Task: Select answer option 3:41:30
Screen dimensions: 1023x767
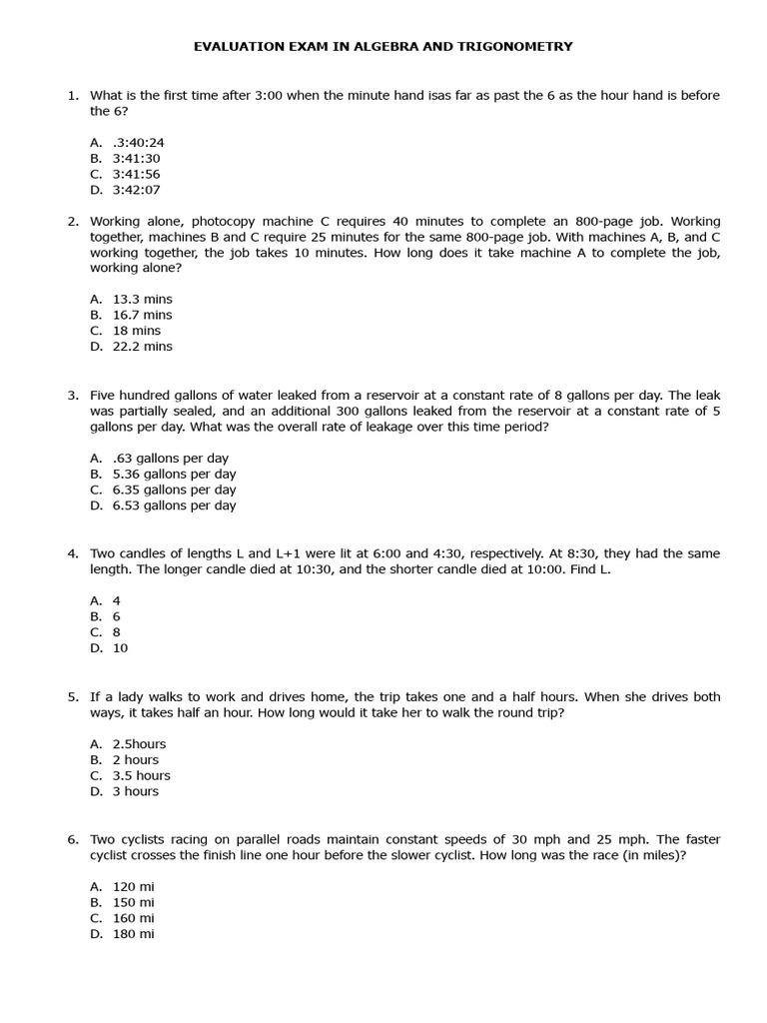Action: (136, 158)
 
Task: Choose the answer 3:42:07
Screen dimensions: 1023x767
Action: (136, 190)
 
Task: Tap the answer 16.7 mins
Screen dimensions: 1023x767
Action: (142, 315)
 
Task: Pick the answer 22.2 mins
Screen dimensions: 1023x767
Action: (142, 347)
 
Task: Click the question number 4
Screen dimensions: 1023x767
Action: (73, 553)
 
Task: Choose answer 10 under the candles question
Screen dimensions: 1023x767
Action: (120, 648)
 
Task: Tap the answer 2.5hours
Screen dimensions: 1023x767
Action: (139, 744)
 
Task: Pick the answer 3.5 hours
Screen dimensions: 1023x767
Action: (141, 775)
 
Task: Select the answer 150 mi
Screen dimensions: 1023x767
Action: (133, 902)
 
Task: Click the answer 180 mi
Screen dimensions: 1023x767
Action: (133, 934)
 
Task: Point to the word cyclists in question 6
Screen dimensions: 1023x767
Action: (152, 839)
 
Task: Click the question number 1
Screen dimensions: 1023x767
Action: (73, 96)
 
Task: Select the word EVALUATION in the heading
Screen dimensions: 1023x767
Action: (235, 46)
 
